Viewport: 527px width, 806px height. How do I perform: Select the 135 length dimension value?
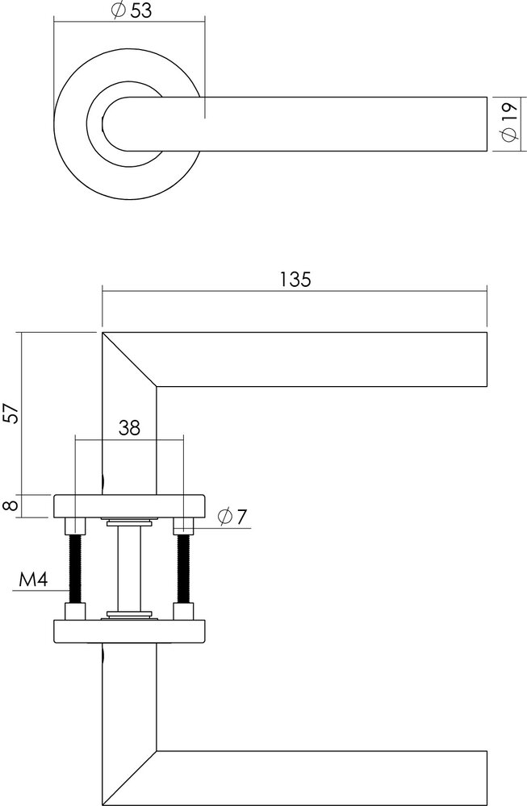[x=295, y=280]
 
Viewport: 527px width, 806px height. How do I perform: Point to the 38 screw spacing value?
[x=128, y=428]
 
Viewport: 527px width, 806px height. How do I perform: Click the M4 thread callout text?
[x=30, y=580]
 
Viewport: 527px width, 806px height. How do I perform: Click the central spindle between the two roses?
[x=129, y=568]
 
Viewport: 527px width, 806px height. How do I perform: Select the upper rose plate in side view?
[x=129, y=506]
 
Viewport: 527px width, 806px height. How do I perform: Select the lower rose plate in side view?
[x=129, y=631]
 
